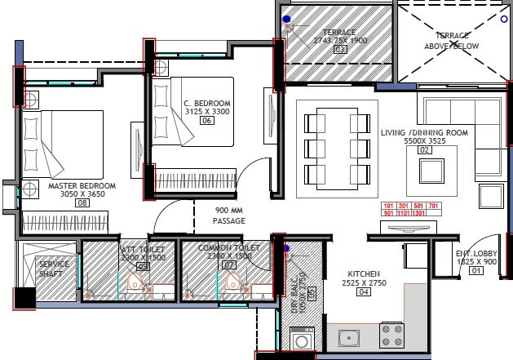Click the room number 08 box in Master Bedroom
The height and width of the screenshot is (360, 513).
point(82,203)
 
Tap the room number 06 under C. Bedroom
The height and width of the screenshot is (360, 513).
point(206,121)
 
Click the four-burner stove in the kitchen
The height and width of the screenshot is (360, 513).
point(392,333)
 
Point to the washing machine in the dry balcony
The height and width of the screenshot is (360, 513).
point(301,338)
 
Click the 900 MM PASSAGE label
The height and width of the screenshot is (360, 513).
point(229,215)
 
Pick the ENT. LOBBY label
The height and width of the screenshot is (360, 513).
point(477,253)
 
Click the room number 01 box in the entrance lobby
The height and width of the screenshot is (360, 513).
point(477,271)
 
